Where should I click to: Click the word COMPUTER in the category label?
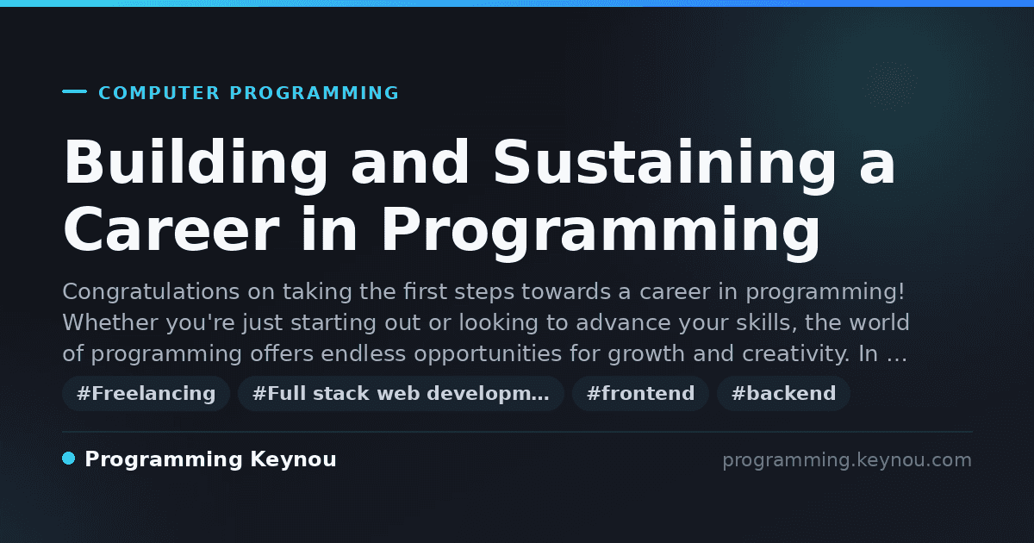pyautogui.click(x=159, y=93)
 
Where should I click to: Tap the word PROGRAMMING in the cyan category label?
pyautogui.click(x=314, y=93)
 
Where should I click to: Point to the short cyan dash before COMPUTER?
pyautogui.click(x=74, y=91)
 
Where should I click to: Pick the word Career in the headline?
pyautogui.click(x=171, y=229)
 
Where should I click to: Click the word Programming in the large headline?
pyautogui.click(x=601, y=234)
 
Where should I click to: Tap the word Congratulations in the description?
pyautogui.click(x=151, y=292)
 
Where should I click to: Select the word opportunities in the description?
pyautogui.click(x=488, y=354)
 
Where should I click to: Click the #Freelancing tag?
pyautogui.click(x=146, y=393)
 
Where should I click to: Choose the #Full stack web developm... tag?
pyautogui.click(x=401, y=393)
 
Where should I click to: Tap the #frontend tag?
pyautogui.click(x=640, y=393)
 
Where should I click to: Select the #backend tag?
pyautogui.click(x=783, y=393)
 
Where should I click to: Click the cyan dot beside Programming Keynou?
pyautogui.click(x=69, y=459)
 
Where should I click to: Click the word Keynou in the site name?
pyautogui.click(x=293, y=460)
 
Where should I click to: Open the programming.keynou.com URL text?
pyautogui.click(x=847, y=460)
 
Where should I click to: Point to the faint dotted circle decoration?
pyautogui.click(x=890, y=86)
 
